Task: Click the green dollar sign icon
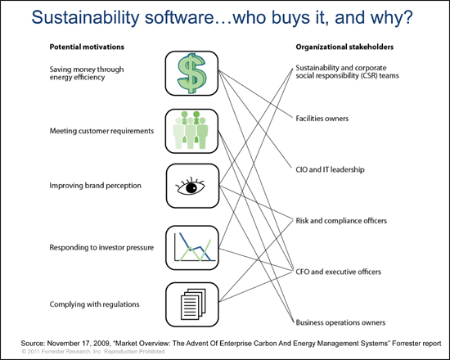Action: (191, 73)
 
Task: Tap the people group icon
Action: (191, 130)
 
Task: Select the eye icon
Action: (190, 187)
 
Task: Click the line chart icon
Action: (192, 246)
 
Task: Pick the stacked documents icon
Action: (193, 304)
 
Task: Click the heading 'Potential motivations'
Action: (87, 47)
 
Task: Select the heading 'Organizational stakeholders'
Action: (344, 47)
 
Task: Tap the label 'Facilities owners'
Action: (322, 119)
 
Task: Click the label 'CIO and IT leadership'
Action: (330, 169)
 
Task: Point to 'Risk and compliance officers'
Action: (341, 220)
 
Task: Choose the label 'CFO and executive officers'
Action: (339, 272)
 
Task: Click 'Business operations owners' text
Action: (340, 322)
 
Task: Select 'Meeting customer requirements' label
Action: (101, 131)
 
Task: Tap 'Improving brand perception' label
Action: (95, 186)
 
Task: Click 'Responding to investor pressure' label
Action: (101, 247)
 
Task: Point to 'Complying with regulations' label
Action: (94, 304)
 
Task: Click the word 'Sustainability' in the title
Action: (85, 18)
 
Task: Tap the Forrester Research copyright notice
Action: (93, 351)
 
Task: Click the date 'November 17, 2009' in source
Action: (78, 344)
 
